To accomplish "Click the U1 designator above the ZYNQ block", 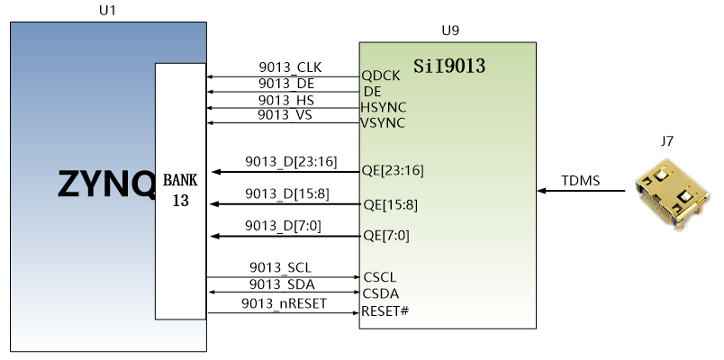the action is (x=107, y=10).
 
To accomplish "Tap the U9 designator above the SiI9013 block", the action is (x=450, y=31).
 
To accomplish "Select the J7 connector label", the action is (x=666, y=141).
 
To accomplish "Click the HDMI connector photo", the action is (x=672, y=193).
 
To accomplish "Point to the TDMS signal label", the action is (x=581, y=181).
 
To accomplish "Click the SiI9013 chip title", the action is (x=449, y=66).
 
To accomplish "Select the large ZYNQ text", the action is (x=106, y=184).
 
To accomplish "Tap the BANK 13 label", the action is (x=180, y=190).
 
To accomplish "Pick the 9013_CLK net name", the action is (x=290, y=67).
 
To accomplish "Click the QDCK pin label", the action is (x=381, y=76).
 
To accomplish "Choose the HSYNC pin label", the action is (x=384, y=107).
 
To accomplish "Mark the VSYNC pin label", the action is (x=383, y=122).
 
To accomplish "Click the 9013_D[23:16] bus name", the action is (x=291, y=162).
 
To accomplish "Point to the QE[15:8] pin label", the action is (x=391, y=204).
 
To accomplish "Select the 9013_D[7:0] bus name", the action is (x=283, y=226).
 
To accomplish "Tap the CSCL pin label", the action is (x=379, y=277).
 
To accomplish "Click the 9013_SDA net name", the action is (x=282, y=284).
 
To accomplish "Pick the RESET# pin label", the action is (x=385, y=310).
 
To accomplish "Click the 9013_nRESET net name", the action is (x=284, y=303).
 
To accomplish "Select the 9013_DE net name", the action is (x=286, y=84).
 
